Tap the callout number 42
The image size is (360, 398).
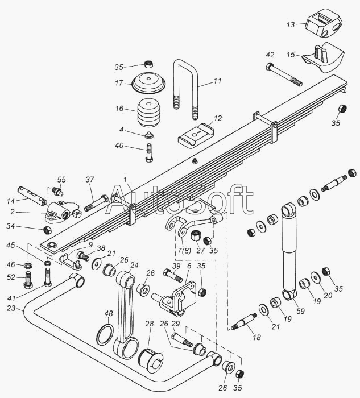[270, 55]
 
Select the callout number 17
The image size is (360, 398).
[119, 83]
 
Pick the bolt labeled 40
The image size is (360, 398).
[149, 152]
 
